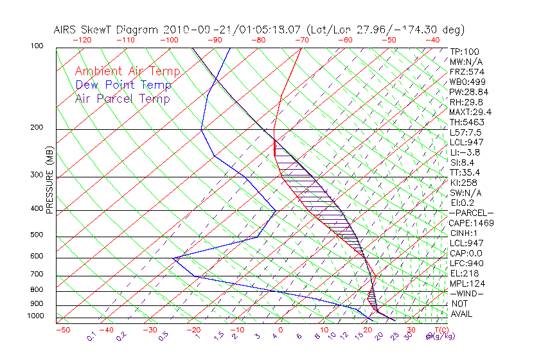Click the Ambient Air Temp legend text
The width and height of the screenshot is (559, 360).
128,71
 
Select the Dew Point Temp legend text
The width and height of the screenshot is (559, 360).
123,85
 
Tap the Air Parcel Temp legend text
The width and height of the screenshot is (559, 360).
123,98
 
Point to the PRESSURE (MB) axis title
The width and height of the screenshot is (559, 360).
49,180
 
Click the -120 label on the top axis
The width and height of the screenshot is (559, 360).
82,40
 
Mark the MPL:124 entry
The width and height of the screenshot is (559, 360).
467,283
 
